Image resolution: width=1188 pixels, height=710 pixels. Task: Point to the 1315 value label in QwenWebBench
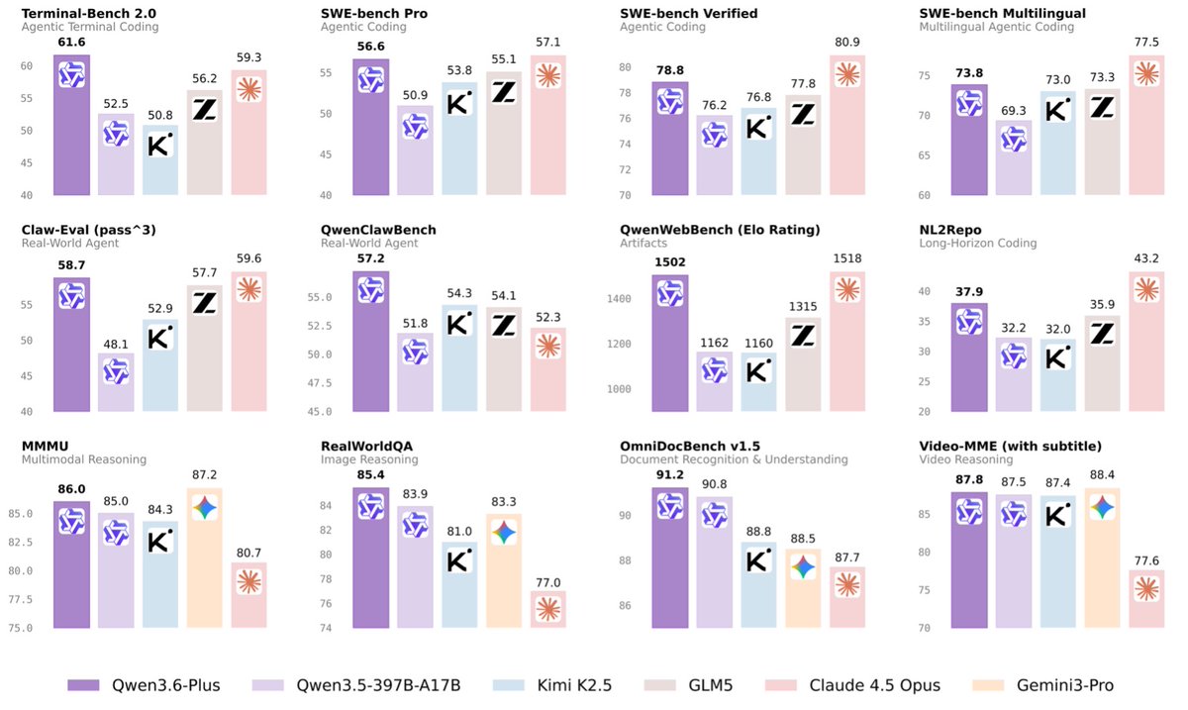coord(802,308)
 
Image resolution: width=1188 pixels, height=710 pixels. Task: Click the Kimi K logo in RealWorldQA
coord(458,559)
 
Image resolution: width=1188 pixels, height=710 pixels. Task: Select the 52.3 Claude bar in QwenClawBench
coord(547,368)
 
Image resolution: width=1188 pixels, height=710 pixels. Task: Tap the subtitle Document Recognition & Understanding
coord(734,459)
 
